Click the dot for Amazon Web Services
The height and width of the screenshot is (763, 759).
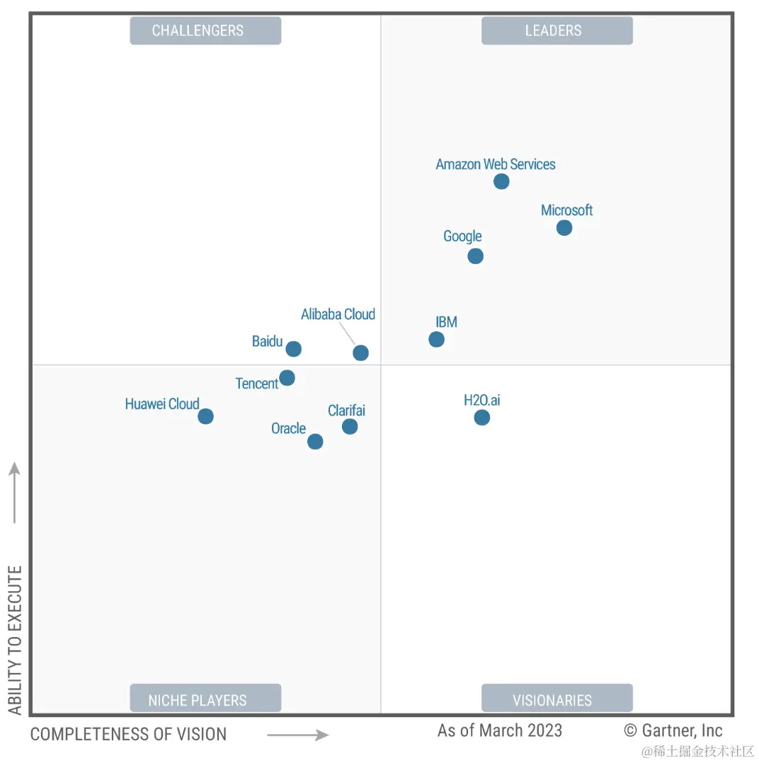point(501,182)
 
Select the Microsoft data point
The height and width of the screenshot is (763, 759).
point(564,228)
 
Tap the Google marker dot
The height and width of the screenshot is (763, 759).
point(476,256)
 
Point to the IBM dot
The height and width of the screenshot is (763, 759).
point(437,340)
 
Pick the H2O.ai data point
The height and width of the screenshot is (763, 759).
point(482,418)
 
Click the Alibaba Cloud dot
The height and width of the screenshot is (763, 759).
point(361,353)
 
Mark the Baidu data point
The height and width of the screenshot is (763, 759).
point(294,349)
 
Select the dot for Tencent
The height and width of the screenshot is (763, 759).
point(287,378)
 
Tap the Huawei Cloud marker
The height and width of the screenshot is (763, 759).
point(206,416)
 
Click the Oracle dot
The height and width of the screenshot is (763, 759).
point(316,442)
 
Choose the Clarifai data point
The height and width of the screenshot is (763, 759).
point(350,427)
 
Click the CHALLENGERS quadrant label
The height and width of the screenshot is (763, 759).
point(205,31)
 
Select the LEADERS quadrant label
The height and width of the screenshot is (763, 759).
point(557,31)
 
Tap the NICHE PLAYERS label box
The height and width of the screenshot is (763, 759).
point(205,699)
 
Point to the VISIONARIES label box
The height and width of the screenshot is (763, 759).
point(557,699)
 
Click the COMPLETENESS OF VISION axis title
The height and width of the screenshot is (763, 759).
point(128,735)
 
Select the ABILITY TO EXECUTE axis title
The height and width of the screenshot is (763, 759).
point(15,640)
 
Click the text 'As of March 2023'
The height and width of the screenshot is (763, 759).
point(500,730)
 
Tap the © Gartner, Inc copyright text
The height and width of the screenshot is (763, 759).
point(673,730)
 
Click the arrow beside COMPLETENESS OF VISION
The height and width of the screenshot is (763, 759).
point(298,735)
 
